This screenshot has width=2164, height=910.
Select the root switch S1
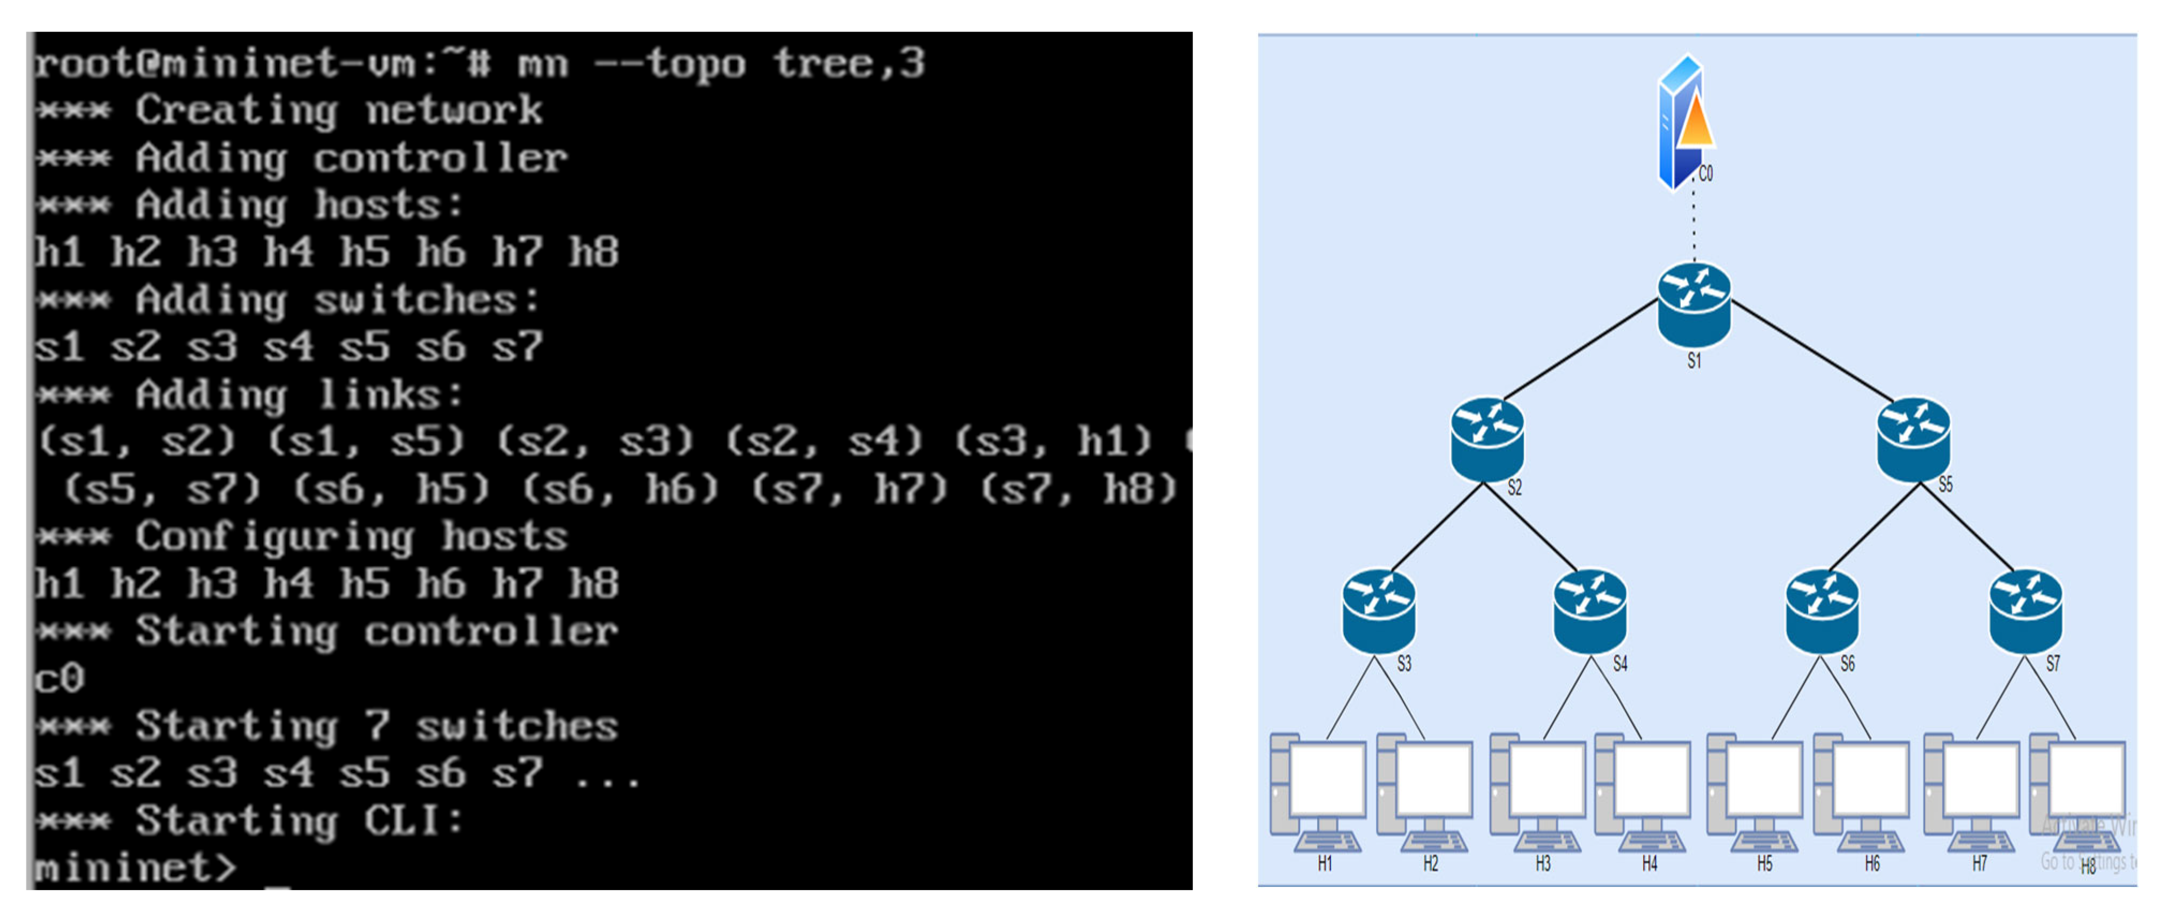pyautogui.click(x=1693, y=304)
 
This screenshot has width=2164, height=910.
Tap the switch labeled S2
pyautogui.click(x=1487, y=439)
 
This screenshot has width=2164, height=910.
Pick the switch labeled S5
pyautogui.click(x=1913, y=439)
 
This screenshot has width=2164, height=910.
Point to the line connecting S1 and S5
pyautogui.click(x=1815, y=351)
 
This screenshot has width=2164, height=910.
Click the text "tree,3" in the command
pyautogui.click(x=849, y=64)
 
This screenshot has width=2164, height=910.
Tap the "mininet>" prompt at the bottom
pyautogui.click(x=135, y=867)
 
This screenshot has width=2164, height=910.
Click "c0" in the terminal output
pyautogui.click(x=59, y=677)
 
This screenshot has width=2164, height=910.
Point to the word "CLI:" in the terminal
pyautogui.click(x=413, y=820)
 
